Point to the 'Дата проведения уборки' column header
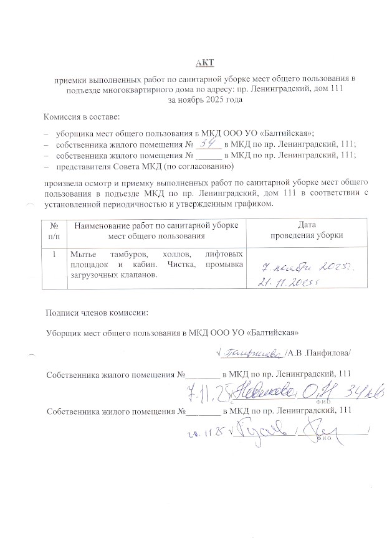[303, 230]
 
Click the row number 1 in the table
[54, 255]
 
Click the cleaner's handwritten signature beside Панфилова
[252, 352]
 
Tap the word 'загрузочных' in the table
[93, 276]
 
